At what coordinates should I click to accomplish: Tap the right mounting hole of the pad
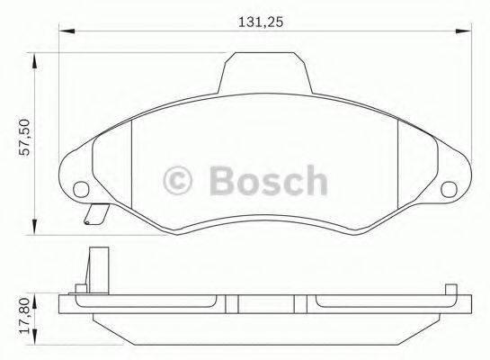click(x=450, y=189)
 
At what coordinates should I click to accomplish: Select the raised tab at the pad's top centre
click(x=265, y=73)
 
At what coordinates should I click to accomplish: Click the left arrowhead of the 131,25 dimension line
click(x=64, y=32)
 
